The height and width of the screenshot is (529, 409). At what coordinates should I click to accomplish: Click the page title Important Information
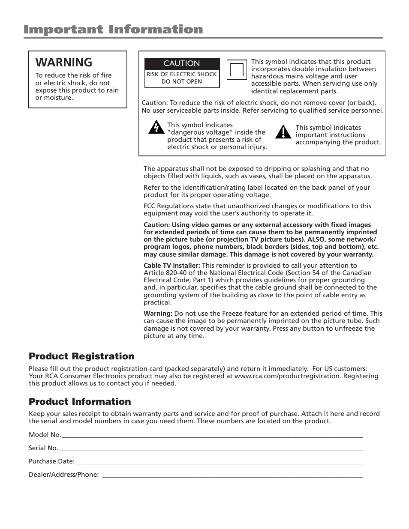point(113,30)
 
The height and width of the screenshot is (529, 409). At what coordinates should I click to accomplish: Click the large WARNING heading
point(64,63)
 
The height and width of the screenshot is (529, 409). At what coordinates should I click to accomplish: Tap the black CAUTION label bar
point(182,63)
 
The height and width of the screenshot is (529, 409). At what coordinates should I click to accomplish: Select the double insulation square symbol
point(236,70)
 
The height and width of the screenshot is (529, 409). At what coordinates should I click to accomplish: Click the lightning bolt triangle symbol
point(156,127)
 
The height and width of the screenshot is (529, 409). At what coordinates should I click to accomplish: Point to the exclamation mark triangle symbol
point(283,132)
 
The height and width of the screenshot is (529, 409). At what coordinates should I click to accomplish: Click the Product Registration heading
point(81,356)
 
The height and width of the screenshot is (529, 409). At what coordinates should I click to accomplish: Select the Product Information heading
point(80,402)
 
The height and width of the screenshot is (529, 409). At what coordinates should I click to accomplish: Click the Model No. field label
point(45,435)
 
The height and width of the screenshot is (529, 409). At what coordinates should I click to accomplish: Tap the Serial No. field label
point(43,448)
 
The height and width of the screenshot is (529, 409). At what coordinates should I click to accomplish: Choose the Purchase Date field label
point(51,461)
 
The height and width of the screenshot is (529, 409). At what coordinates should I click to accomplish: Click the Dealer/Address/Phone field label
point(64,475)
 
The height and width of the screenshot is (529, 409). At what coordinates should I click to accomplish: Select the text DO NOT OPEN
point(182,81)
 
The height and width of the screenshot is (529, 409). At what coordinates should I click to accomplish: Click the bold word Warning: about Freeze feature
point(158,314)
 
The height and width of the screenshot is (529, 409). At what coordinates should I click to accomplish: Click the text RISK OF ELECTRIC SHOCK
point(182,74)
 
